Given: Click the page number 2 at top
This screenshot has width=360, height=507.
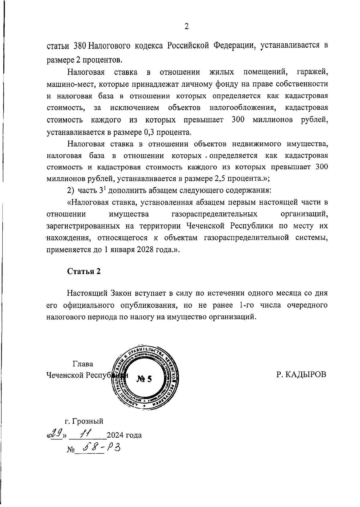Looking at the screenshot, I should pos(186,27).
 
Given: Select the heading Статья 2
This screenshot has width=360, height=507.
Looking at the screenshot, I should pos(84,271).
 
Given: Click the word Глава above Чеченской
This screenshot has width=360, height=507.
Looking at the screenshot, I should pos(83,364).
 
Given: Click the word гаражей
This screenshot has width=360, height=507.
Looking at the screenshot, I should pos(312,72).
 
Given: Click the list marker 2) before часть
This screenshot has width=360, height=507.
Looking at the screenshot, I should pos(70,191).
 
